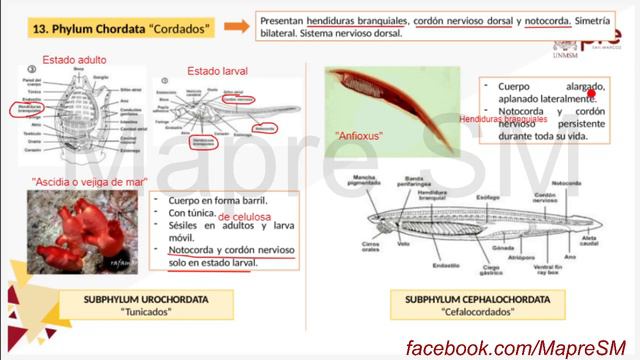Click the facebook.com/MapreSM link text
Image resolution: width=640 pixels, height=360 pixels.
519,345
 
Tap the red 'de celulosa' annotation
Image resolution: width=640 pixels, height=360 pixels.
246,216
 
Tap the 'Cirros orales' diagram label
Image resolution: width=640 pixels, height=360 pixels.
374,243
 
